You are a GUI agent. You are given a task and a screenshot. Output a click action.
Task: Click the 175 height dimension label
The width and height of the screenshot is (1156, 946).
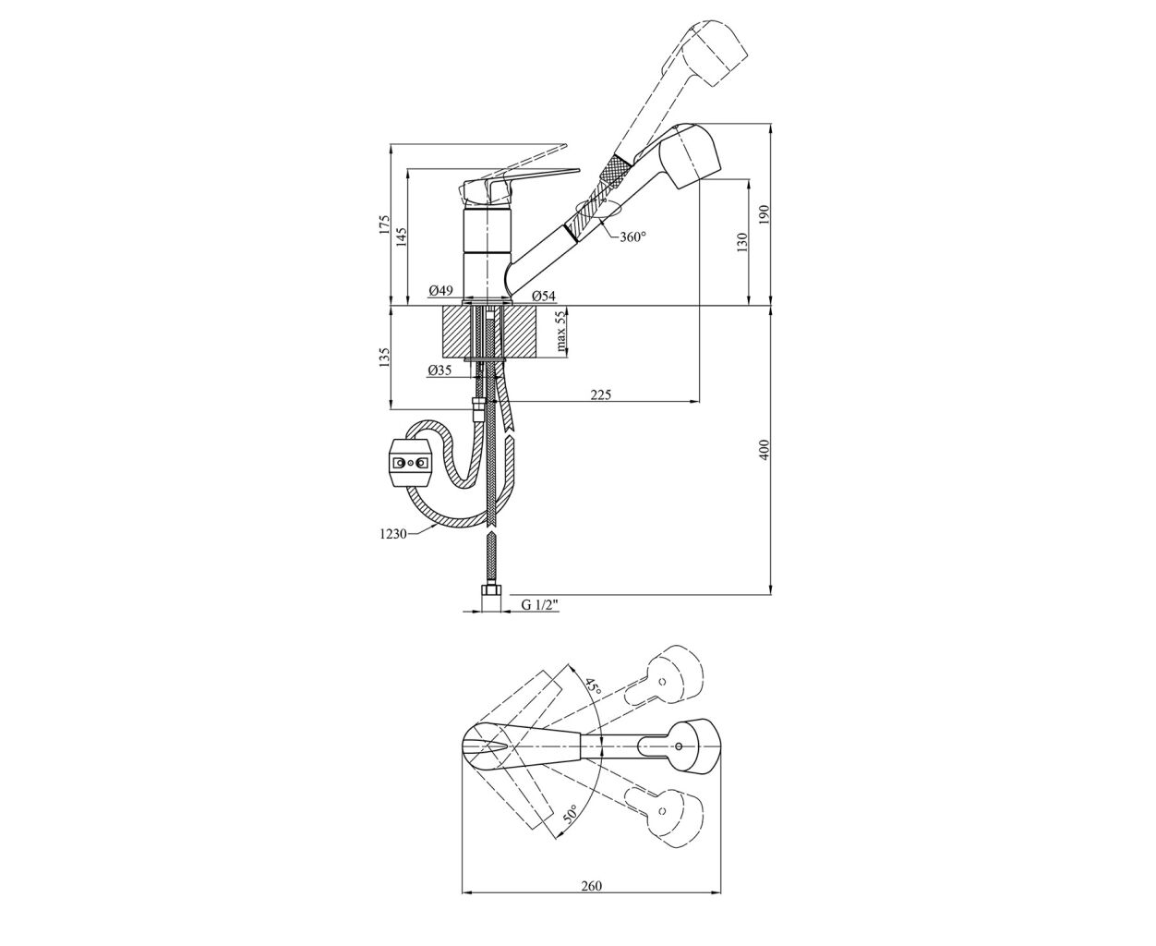click(385, 224)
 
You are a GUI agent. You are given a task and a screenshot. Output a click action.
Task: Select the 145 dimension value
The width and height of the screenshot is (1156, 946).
click(403, 236)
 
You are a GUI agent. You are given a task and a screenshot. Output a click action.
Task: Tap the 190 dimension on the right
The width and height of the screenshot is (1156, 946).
click(765, 214)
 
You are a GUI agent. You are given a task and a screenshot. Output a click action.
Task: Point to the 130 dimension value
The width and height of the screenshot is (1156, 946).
click(742, 242)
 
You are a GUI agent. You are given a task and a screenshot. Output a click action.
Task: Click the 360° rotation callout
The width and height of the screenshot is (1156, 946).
click(632, 236)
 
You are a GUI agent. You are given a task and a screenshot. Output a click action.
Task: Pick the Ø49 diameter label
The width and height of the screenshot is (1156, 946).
click(440, 290)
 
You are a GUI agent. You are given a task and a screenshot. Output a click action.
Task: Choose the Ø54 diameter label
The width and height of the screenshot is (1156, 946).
click(544, 296)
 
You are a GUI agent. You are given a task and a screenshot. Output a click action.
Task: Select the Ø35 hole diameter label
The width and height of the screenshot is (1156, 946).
click(440, 370)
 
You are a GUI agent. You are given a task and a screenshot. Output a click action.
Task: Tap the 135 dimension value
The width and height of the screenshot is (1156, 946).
click(385, 357)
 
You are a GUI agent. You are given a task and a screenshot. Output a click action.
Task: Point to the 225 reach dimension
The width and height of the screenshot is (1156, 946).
click(601, 394)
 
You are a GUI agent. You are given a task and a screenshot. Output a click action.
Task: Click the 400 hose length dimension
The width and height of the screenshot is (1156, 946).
click(765, 449)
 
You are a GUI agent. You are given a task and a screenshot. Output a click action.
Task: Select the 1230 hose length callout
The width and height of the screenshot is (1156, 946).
click(393, 534)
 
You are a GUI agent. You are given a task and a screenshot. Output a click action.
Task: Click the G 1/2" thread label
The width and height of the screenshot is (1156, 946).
click(539, 605)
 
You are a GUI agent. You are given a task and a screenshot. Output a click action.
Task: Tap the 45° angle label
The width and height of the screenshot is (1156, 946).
click(592, 686)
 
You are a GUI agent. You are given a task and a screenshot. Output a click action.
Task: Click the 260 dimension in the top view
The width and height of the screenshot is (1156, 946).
click(592, 901)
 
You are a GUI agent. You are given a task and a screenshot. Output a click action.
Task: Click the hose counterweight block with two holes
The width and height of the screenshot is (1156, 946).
click(410, 464)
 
